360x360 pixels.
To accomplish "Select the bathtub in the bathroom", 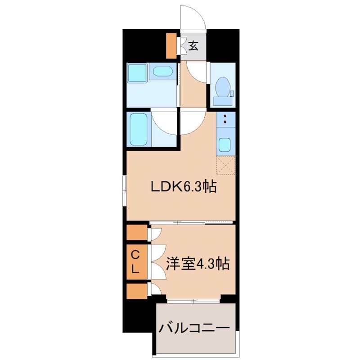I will (x=139, y=129).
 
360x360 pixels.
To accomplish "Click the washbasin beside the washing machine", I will (x=162, y=72).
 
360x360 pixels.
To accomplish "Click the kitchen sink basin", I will (x=225, y=145).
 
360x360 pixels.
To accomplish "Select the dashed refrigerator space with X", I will (x=226, y=165).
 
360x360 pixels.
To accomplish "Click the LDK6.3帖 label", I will (x=184, y=185).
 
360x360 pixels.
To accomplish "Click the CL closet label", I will (x=138, y=261).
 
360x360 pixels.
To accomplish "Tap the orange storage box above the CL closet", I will (x=137, y=233).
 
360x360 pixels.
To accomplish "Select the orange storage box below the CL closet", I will (x=137, y=291).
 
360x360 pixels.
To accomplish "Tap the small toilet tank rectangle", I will (x=232, y=94).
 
